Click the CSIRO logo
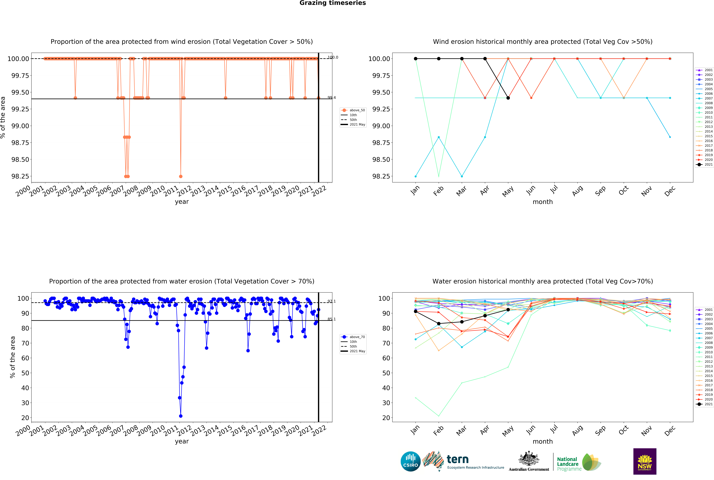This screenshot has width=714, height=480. pos(410,461)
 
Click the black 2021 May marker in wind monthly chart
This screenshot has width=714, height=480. pos(508,98)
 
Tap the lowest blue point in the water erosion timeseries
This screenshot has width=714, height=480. pos(181,416)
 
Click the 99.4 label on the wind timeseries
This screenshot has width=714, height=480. pos(331,98)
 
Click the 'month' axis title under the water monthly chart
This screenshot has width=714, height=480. pos(543,441)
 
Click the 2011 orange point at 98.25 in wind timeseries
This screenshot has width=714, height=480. pos(181,176)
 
